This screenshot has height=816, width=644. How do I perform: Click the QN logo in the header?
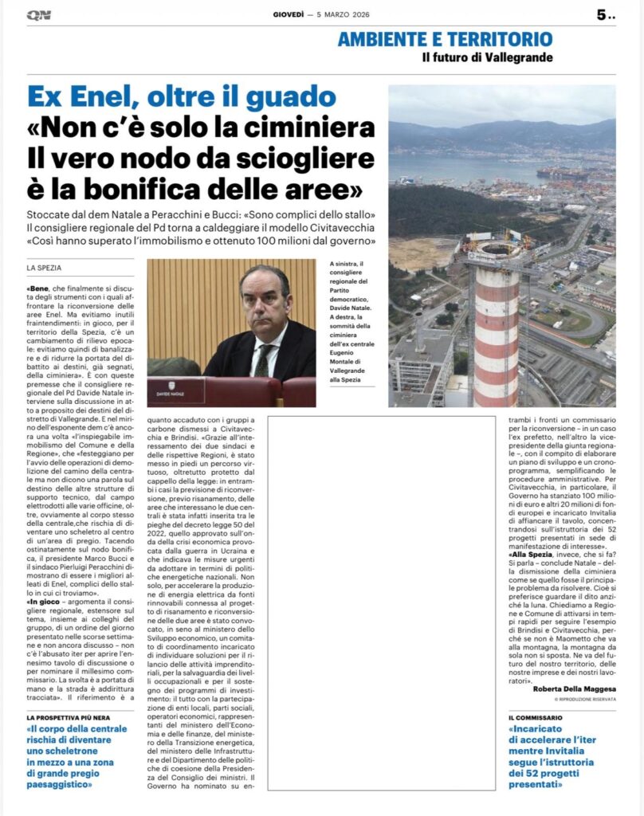pos(38,15)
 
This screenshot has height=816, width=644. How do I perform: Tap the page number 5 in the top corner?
pos(602,15)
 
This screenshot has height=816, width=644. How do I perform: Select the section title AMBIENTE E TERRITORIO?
pos(445,38)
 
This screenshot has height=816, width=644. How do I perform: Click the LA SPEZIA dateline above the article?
pos(45,267)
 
